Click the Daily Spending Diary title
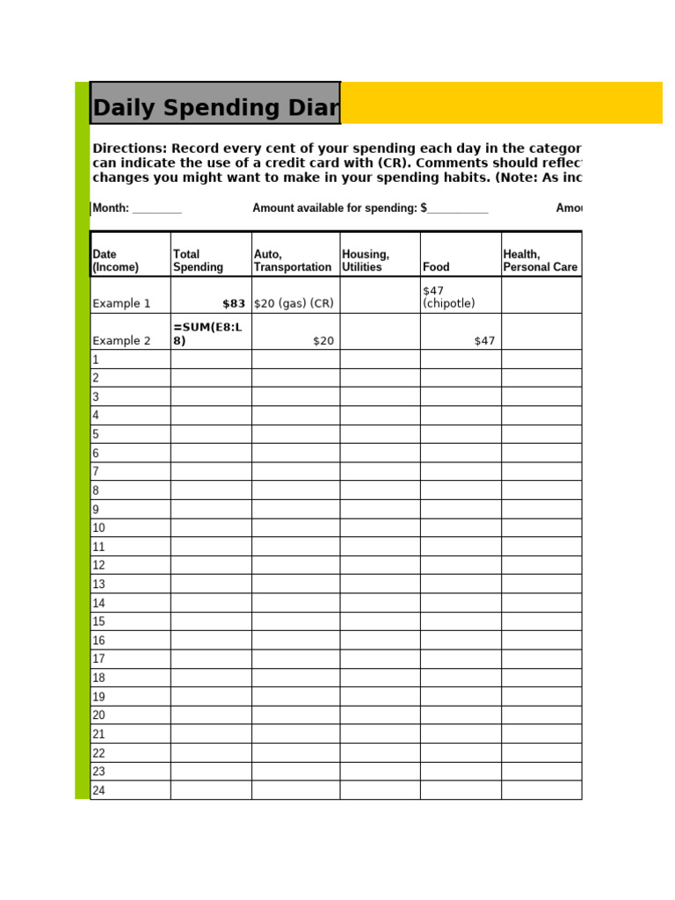215,107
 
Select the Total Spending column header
198,260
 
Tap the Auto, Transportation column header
292,260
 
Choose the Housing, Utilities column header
366,260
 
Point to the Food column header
436,266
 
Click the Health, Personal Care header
540,260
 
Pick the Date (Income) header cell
116,260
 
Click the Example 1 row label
121,303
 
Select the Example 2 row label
121,341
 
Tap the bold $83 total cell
234,303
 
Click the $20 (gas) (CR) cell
294,303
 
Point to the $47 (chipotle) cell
448,297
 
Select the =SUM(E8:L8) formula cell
207,334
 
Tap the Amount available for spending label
335,208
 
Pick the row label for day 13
98,584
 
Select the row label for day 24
98,790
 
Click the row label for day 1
96,359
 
